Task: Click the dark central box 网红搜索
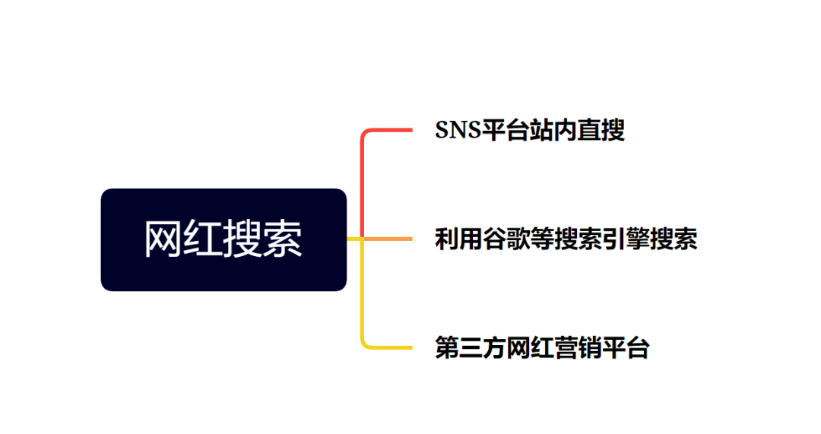coord(223,239)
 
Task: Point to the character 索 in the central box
coord(283,239)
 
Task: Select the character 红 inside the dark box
coord(203,239)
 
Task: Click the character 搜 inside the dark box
coord(243,239)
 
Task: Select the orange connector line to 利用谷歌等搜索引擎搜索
coord(388,239)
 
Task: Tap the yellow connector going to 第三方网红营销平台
coord(363,293)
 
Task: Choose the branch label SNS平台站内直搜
coord(530,131)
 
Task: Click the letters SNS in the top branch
coord(458,131)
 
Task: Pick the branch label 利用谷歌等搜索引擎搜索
coord(566,239)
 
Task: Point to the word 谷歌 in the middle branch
coord(506,239)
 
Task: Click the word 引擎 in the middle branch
coord(625,239)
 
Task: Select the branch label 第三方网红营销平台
coord(543,348)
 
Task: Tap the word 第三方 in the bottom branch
coord(471,348)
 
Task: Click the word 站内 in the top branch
coord(553,131)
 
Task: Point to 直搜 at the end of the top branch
coord(601,131)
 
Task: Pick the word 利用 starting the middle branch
coord(458,239)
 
